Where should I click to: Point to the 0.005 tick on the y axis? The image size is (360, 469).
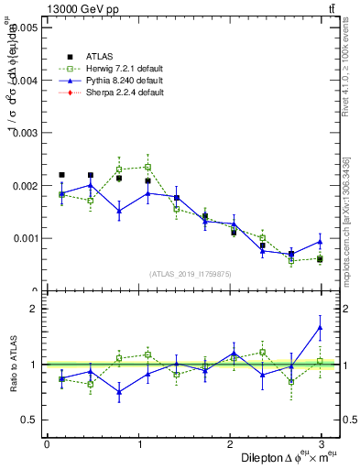tap(24, 27)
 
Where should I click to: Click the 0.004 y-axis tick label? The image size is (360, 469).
tap(24, 81)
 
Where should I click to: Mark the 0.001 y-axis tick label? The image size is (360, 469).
tap(24, 238)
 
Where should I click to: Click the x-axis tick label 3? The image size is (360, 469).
tap(321, 444)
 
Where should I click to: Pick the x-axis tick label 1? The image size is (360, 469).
tap(138, 444)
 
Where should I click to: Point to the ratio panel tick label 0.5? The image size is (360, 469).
tap(29, 420)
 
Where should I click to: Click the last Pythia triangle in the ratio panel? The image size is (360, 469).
tap(321, 327)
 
